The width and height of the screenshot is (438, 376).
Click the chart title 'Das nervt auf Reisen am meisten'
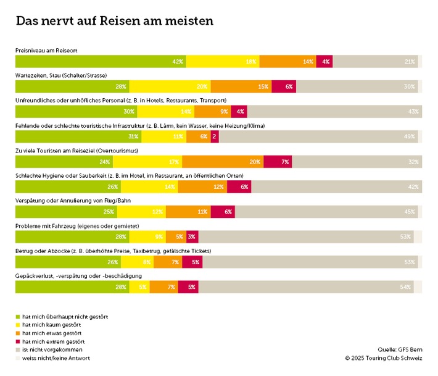[x=115, y=21]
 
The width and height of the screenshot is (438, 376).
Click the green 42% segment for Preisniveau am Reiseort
[x=100, y=62]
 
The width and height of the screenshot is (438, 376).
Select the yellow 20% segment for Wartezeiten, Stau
[x=170, y=87]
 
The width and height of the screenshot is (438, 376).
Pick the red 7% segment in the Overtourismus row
[x=278, y=162]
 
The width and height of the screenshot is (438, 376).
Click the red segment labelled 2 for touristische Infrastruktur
[x=215, y=137]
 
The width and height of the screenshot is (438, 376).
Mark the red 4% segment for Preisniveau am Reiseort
[x=326, y=62]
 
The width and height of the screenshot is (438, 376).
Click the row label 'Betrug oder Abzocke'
[x=113, y=251]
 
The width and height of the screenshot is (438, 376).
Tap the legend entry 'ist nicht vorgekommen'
[x=52, y=349]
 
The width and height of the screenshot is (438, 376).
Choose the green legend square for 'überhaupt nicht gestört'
[x=18, y=316]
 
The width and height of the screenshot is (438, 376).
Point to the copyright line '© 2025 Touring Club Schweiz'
[x=384, y=358]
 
